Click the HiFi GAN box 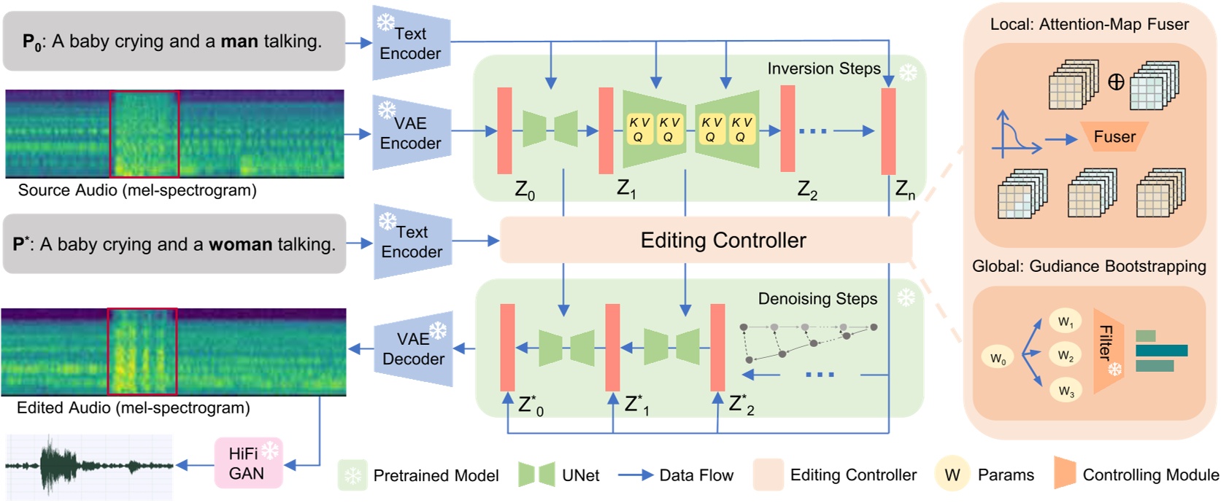pos(247,463)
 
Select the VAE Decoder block pos(413,349)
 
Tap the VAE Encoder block pos(411,133)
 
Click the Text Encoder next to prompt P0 pos(410,43)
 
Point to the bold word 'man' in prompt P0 pos(239,42)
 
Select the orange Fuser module pos(1114,137)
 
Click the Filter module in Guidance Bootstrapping pos(1107,350)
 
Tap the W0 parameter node pos(998,358)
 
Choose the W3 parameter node pos(1066,391)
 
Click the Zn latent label pos(905,190)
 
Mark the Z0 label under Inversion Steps pos(524,191)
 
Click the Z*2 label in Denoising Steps pos(741,405)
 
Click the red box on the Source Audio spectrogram pos(145,134)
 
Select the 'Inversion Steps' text pos(823,69)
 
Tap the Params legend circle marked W pos(952,475)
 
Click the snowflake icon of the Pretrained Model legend pos(353,475)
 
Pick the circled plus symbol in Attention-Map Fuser pos(1115,82)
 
